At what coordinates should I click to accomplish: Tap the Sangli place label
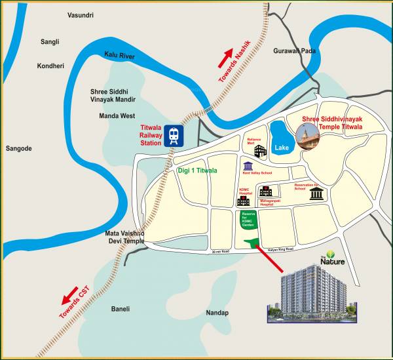point(49,41)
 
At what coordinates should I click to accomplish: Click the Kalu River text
point(119,57)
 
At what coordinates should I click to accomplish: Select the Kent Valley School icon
point(248,167)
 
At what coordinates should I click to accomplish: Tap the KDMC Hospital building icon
point(244,201)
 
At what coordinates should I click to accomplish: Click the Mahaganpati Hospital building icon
point(265,191)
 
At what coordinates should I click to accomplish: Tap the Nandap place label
point(217,313)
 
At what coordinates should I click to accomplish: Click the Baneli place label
point(121,309)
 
